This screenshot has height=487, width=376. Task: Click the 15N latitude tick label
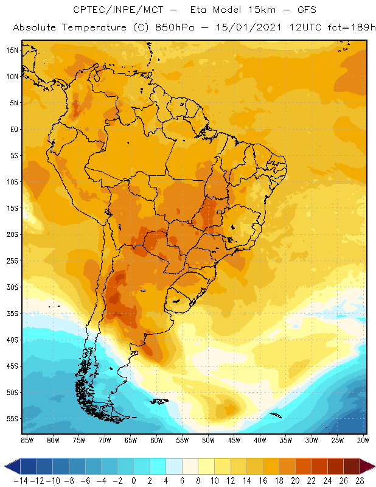[12, 51]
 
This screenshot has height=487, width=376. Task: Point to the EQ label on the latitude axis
[13, 130]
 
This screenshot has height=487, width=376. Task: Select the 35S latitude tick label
[12, 314]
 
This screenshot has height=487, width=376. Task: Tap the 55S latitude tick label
[12, 419]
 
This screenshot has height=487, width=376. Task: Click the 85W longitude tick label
[27, 440]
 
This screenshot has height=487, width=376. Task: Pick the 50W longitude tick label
[209, 440]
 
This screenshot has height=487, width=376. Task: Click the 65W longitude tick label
[131, 440]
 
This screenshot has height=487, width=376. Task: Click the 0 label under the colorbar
[134, 480]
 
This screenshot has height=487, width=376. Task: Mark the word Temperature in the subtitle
[96, 28]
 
